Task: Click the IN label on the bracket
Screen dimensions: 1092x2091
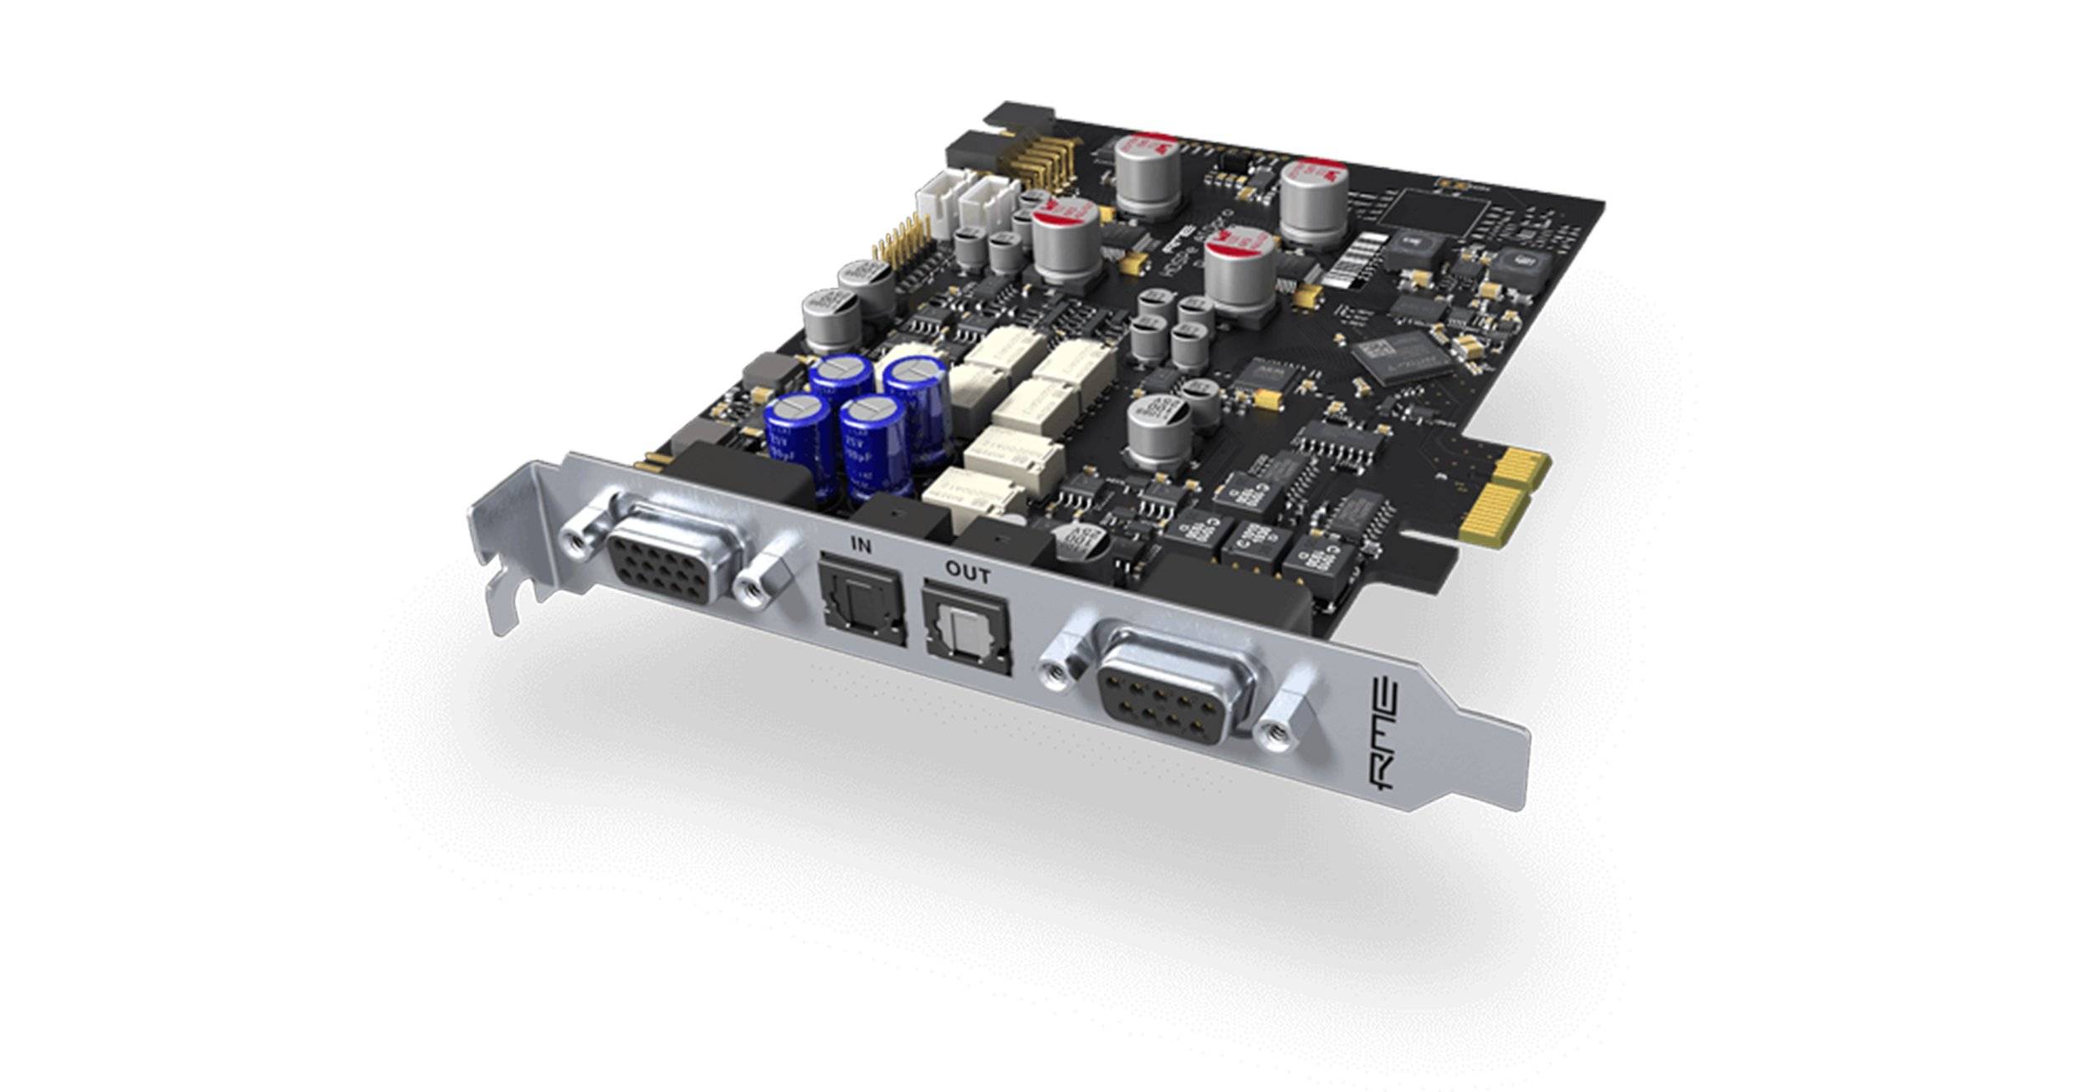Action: click(x=861, y=546)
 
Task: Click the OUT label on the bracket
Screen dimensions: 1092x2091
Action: click(x=968, y=574)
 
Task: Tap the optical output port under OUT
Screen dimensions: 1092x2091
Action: click(x=967, y=630)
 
